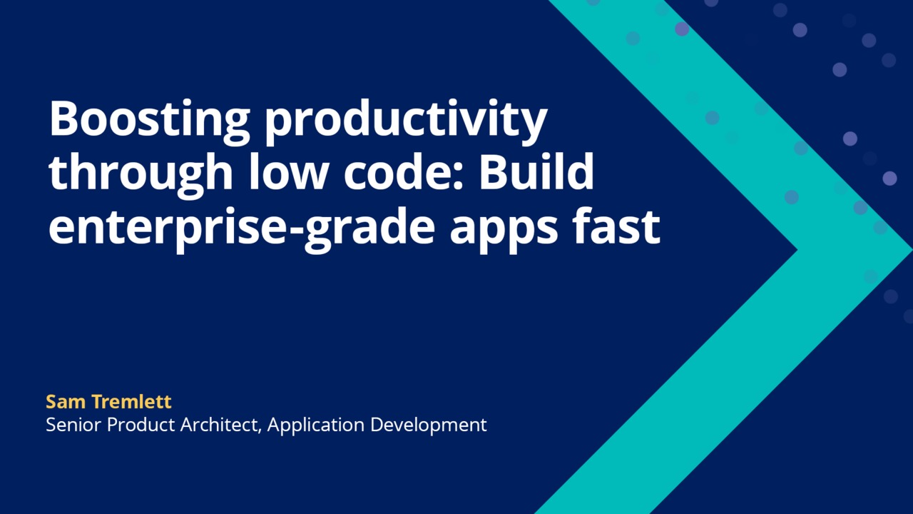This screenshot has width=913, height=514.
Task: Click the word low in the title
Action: [289, 172]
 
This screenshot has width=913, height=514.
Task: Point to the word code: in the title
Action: [404, 172]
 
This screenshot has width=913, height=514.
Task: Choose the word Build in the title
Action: [536, 172]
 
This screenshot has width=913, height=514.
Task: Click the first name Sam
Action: [66, 402]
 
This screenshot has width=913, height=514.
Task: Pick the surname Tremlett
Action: [131, 401]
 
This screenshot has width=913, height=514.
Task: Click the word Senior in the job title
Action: [73, 425]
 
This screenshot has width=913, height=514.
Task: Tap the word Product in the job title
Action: [141, 425]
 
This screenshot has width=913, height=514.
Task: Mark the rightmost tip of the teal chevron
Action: [912, 251]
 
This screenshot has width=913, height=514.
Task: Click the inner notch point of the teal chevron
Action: [797, 251]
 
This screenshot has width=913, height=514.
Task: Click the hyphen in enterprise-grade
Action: [292, 230]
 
